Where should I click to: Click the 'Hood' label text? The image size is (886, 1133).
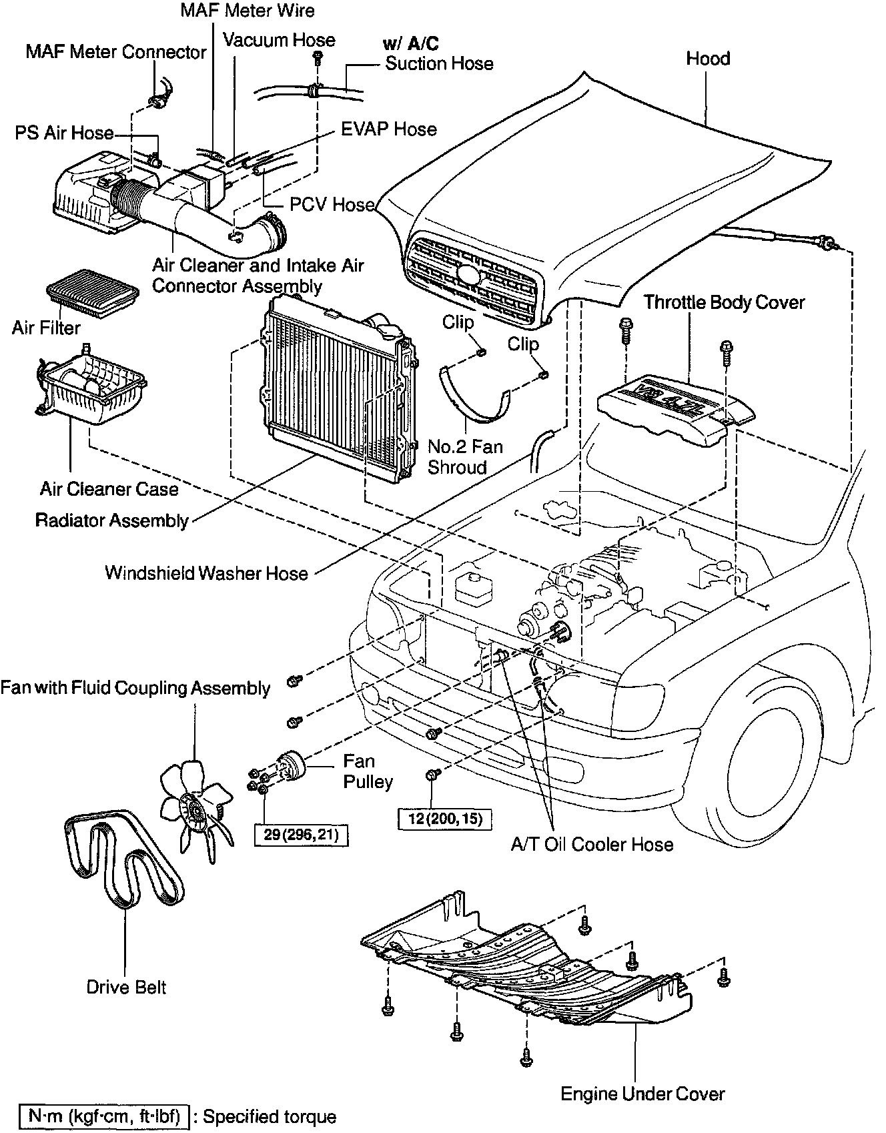[708, 59]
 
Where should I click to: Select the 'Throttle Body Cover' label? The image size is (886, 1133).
[724, 302]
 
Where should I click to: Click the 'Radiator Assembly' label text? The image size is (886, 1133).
[112, 520]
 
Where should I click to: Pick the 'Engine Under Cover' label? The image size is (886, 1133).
[642, 1094]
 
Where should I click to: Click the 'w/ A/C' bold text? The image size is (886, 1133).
[411, 44]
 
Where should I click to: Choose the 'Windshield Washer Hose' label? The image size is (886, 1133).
[206, 573]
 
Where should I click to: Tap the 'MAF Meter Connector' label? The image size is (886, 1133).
[116, 52]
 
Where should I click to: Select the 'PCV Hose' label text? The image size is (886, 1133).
[332, 204]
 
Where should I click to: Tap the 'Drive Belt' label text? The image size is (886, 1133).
[126, 987]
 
